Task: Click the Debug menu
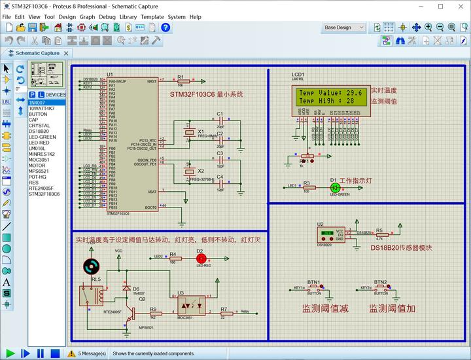click(x=107, y=16)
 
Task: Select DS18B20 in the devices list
click(x=39, y=131)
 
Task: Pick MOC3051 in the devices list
click(x=39, y=160)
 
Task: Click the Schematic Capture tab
click(x=37, y=53)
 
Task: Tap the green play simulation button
click(x=9, y=353)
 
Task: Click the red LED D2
click(x=201, y=259)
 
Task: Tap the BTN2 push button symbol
click(x=381, y=288)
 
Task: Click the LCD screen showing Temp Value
click(x=330, y=98)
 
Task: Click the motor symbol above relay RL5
click(x=92, y=266)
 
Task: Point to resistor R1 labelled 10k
click(x=183, y=82)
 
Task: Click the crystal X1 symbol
click(x=190, y=133)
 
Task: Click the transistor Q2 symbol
click(x=130, y=315)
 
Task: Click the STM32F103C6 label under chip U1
click(x=118, y=213)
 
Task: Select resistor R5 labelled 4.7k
click(x=380, y=233)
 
